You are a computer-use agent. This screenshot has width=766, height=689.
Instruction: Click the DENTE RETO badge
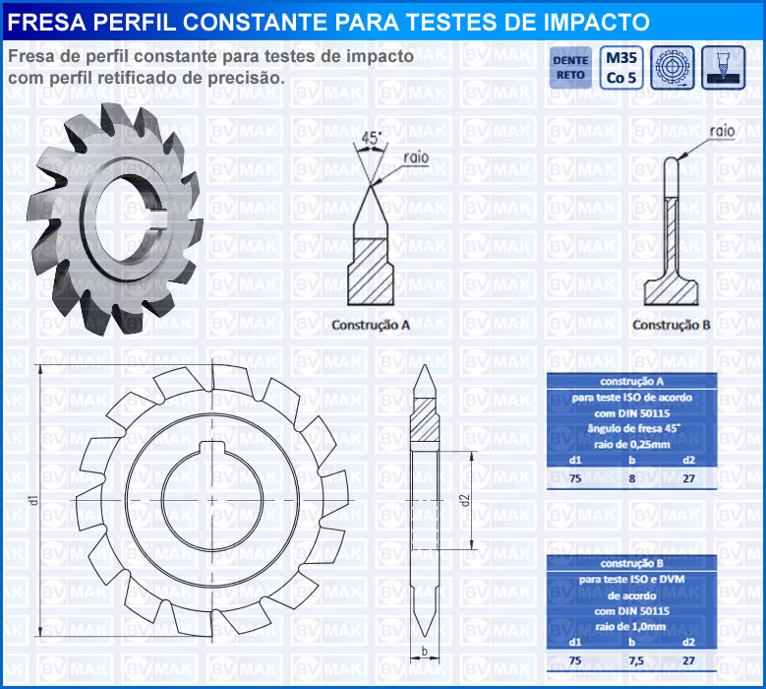(x=570, y=68)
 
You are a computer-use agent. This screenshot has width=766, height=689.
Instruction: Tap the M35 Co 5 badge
(x=621, y=68)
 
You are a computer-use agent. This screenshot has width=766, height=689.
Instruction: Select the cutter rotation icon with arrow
(x=673, y=68)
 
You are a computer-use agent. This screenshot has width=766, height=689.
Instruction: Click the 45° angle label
(x=372, y=139)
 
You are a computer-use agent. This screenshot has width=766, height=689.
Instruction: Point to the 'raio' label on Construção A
(x=416, y=157)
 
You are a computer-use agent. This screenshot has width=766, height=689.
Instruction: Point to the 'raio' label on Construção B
(x=722, y=131)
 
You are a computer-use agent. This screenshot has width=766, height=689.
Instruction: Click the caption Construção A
(x=371, y=325)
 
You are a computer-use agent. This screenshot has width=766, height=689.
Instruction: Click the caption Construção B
(x=672, y=325)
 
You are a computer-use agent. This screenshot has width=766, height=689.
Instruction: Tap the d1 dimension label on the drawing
(x=33, y=500)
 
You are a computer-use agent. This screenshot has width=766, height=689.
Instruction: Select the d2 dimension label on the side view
(x=464, y=500)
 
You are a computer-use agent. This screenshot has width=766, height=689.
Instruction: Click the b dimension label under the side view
(x=425, y=651)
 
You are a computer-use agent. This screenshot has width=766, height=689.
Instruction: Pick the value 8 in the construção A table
(x=631, y=478)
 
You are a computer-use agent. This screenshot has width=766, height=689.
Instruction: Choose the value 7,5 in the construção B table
(x=636, y=660)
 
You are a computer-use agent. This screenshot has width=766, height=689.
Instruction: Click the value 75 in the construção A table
(x=575, y=478)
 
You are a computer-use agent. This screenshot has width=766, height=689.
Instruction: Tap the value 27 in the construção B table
(x=689, y=660)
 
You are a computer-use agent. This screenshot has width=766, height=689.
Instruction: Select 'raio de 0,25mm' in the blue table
(x=631, y=445)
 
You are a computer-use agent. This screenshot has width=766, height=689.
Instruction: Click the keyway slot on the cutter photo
(x=159, y=219)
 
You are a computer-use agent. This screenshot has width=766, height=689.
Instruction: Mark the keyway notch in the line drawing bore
(x=212, y=447)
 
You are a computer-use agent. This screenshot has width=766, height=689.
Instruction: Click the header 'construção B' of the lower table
(x=631, y=563)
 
